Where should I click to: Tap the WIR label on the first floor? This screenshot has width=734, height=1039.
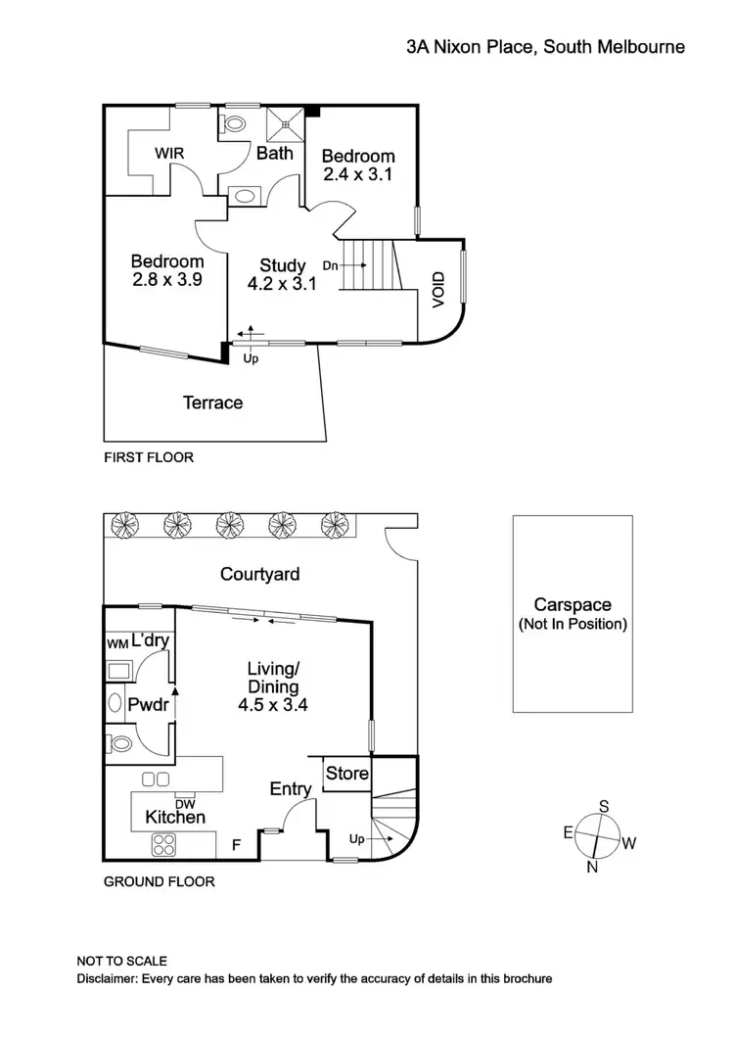(170, 154)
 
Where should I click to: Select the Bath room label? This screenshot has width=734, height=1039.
(275, 153)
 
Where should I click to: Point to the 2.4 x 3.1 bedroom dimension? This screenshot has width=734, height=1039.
(358, 175)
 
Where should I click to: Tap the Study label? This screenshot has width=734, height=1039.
(282, 265)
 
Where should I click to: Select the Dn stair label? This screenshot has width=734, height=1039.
(331, 265)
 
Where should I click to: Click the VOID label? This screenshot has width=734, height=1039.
(437, 290)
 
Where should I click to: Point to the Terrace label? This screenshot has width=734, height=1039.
(212, 402)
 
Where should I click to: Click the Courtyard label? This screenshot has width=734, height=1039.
(259, 575)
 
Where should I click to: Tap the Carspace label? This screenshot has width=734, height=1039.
(573, 605)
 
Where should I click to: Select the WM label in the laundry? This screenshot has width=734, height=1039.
(116, 644)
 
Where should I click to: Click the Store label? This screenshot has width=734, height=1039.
(346, 774)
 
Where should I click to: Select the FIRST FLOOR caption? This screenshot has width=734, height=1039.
(149, 457)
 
